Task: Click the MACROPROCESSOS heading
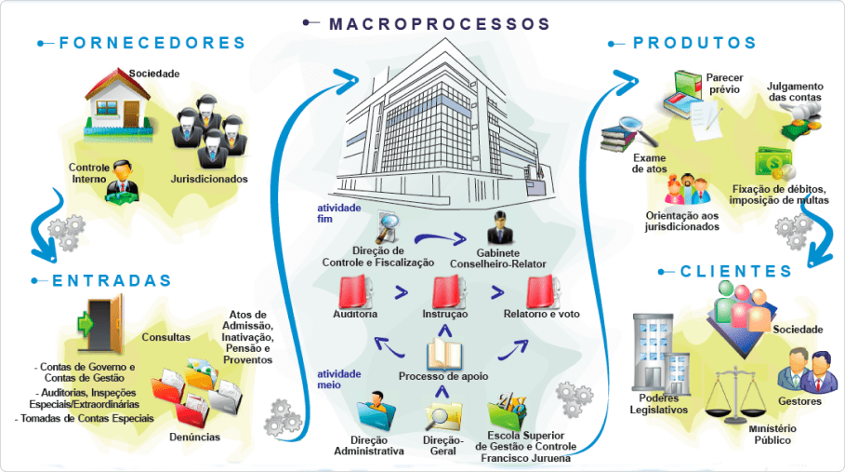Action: click(x=439, y=24)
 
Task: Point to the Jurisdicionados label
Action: click(x=209, y=178)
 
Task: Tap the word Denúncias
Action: click(x=194, y=436)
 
